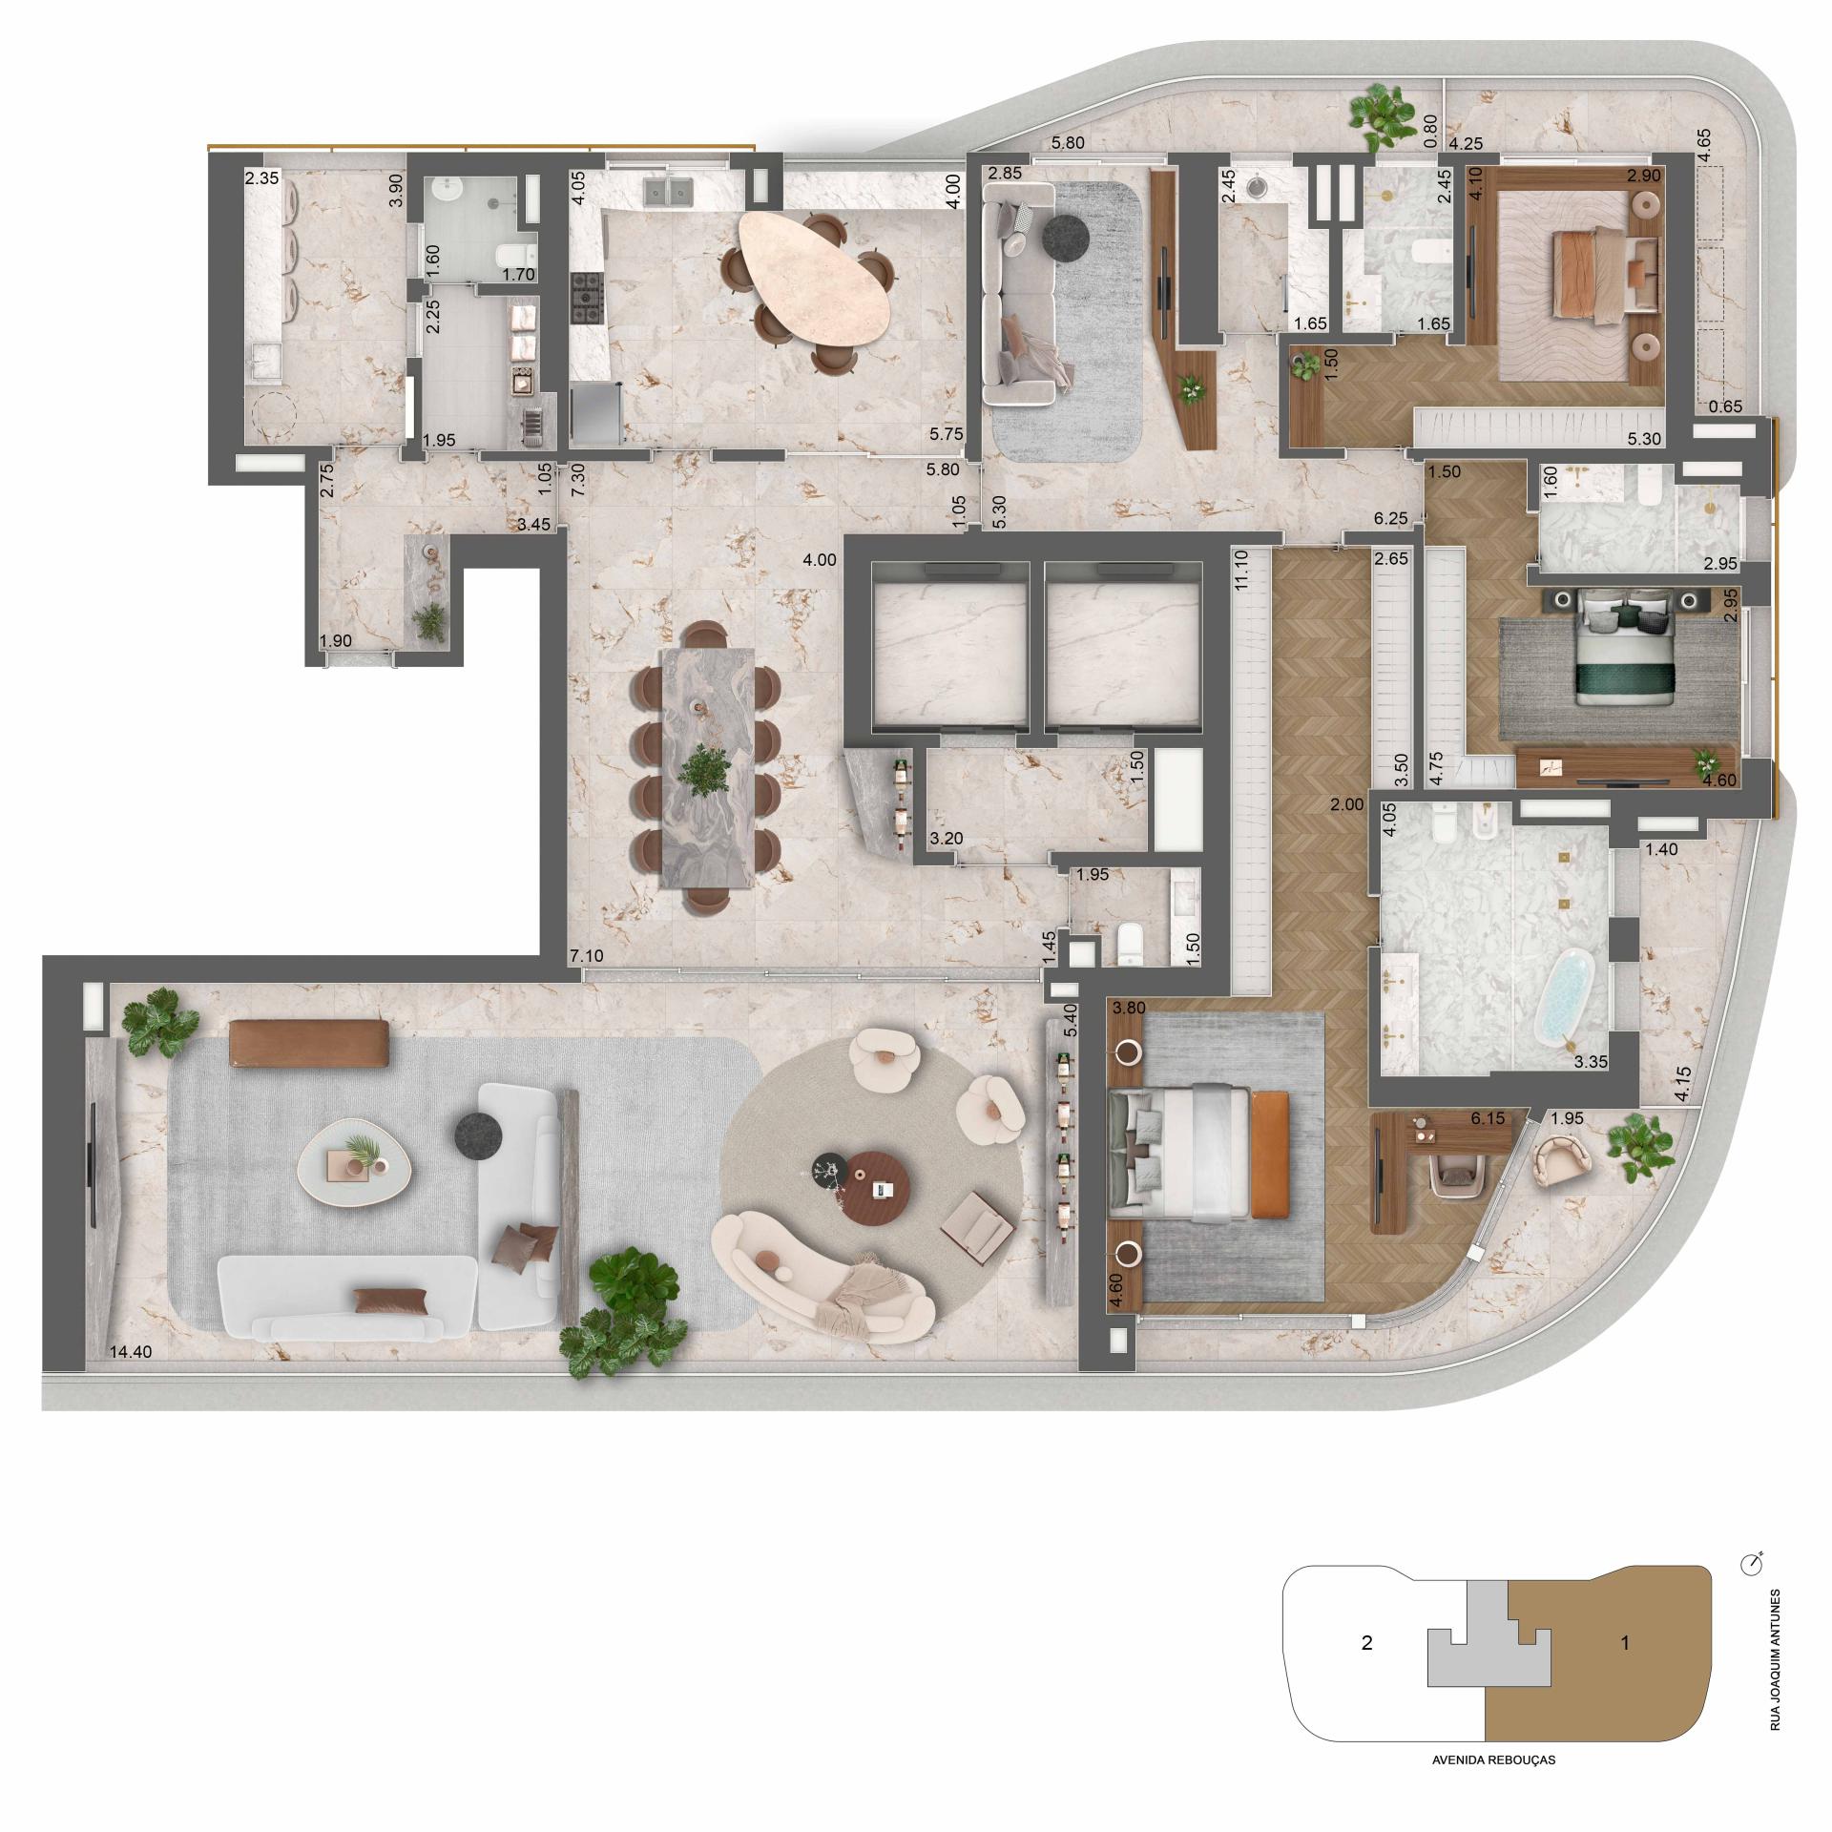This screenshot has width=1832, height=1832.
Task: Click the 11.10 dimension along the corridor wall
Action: click(x=1240, y=572)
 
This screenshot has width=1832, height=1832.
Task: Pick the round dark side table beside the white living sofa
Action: click(x=481, y=1135)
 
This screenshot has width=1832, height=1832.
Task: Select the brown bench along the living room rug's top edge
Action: click(x=309, y=1043)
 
